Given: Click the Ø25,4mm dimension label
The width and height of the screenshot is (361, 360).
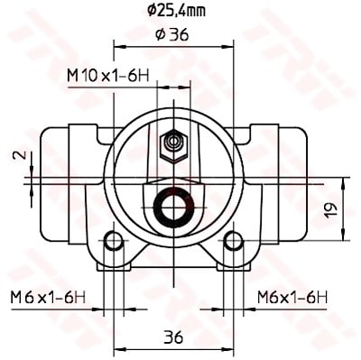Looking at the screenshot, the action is coord(176,11).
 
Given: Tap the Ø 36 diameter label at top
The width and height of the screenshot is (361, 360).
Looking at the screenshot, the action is coord(172,35).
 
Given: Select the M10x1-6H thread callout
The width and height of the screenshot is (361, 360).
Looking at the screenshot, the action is coord(108,76).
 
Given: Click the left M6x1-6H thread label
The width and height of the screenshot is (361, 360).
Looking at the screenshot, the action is coord(48,298).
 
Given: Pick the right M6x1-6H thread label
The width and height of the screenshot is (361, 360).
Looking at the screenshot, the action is coord(292,298).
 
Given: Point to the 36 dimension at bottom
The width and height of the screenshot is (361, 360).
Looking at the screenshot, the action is coord(174,337).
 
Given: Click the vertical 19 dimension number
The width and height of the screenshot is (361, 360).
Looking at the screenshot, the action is coord(330,209).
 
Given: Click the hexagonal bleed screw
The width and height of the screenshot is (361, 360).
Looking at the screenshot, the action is coord(174,145).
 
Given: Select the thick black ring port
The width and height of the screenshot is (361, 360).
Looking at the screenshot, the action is coord(173,208).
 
